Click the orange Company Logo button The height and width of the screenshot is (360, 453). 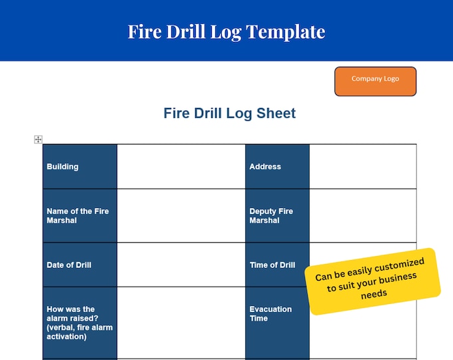(375, 81)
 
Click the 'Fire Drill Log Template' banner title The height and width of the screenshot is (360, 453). (226, 31)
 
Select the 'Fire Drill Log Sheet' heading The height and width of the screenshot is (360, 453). (229, 113)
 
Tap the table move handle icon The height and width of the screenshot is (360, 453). (38, 139)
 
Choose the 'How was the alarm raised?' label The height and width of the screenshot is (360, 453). (79, 323)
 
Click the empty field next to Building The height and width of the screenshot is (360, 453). (181, 167)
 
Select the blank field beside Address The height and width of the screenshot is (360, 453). (362, 167)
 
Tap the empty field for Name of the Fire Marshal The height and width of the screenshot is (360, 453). (181, 215)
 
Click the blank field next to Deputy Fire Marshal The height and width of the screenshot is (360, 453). (362, 215)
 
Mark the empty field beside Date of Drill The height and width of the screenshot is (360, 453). (181, 265)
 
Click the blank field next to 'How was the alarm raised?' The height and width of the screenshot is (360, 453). (181, 323)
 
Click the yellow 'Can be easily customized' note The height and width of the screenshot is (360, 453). (373, 281)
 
